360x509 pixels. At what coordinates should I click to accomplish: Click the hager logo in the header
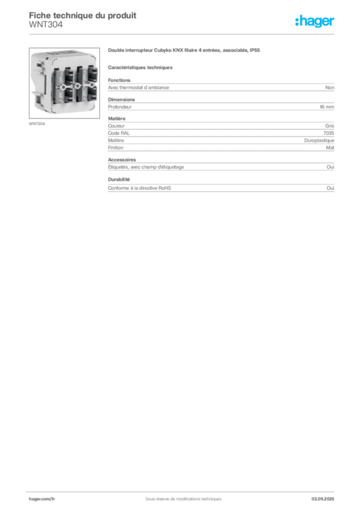(x=315, y=21)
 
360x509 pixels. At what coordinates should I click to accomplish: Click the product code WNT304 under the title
(x=46, y=25)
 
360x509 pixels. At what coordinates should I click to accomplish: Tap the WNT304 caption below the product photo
(x=37, y=124)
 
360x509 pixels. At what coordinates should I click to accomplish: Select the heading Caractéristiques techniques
(x=140, y=68)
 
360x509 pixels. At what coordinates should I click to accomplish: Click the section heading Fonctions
(x=119, y=80)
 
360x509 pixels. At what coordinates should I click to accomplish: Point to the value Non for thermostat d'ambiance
(x=330, y=87)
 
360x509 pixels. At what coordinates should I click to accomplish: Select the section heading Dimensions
(x=121, y=99)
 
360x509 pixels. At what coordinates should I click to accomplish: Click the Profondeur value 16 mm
(x=327, y=107)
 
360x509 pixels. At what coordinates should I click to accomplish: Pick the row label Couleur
(x=116, y=126)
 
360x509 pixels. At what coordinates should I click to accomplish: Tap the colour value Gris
(x=330, y=126)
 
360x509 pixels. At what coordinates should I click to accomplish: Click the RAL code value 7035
(x=329, y=133)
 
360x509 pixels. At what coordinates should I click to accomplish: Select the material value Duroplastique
(x=319, y=141)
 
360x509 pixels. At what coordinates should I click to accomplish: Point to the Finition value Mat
(x=330, y=148)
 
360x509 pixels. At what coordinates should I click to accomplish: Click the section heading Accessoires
(x=122, y=160)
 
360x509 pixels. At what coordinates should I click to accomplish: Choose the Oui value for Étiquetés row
(x=331, y=167)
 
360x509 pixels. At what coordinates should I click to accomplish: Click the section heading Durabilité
(x=119, y=179)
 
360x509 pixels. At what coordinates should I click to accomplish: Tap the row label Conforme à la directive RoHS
(x=140, y=188)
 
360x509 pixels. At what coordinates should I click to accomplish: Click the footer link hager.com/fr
(x=42, y=499)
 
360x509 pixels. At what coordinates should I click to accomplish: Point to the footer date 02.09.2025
(x=323, y=499)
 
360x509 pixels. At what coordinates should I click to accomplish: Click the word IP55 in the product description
(x=255, y=50)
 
